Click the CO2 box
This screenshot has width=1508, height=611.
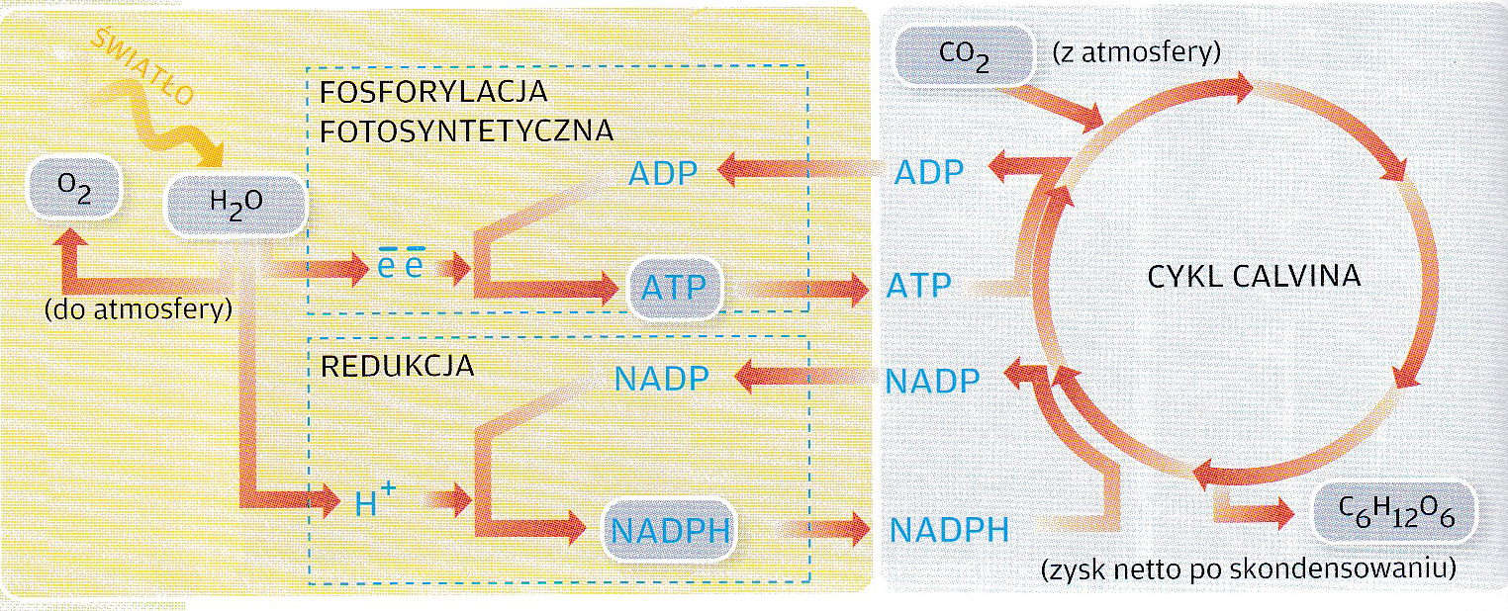pos(958,56)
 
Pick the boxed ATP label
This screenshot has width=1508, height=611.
pos(676,289)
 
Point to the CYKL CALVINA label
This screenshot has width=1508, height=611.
pos(1254,276)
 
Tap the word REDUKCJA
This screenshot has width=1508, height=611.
pos(398,367)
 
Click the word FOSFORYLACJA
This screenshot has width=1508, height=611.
pos(434,92)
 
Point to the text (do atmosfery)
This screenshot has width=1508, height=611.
pos(138,309)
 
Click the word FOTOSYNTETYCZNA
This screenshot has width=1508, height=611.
pos(467,131)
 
